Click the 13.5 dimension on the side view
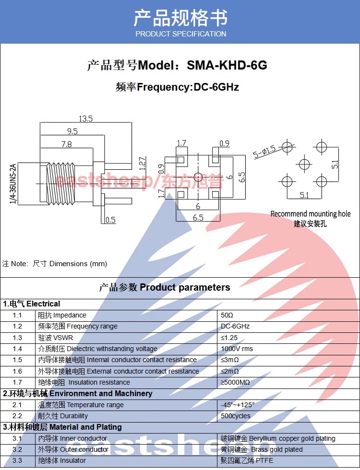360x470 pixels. [x=86, y=119]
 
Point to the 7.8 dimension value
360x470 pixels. [x=67, y=144]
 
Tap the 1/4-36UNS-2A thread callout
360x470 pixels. [x=12, y=184]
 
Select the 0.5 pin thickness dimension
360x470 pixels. [x=110, y=220]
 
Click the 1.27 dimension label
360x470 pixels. [x=143, y=164]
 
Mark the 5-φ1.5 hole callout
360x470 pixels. [x=264, y=152]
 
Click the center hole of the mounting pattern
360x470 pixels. [x=304, y=164]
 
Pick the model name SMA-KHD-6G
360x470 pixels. [x=227, y=65]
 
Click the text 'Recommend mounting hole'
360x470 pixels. [x=311, y=214]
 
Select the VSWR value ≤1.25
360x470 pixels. [x=229, y=338]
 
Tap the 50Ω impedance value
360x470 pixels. [x=227, y=316]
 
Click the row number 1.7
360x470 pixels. [x=17, y=383]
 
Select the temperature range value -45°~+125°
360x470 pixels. [x=238, y=405]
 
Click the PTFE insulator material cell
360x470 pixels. [x=247, y=460]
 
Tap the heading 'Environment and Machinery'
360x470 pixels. [x=101, y=394]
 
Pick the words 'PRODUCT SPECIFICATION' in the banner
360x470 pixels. [x=181, y=34]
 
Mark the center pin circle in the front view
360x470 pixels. [x=198, y=177]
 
